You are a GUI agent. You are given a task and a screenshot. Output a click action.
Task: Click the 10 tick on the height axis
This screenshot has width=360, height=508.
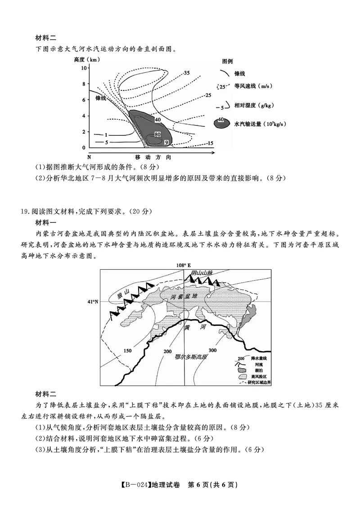84,67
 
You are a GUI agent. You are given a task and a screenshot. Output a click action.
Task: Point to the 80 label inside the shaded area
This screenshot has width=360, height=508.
157,134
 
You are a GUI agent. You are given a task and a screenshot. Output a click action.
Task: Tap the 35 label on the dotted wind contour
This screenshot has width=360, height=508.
187,73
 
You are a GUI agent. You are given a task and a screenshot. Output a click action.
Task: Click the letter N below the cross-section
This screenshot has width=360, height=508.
89,157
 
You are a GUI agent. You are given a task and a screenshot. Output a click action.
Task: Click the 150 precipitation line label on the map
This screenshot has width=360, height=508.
128,351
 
